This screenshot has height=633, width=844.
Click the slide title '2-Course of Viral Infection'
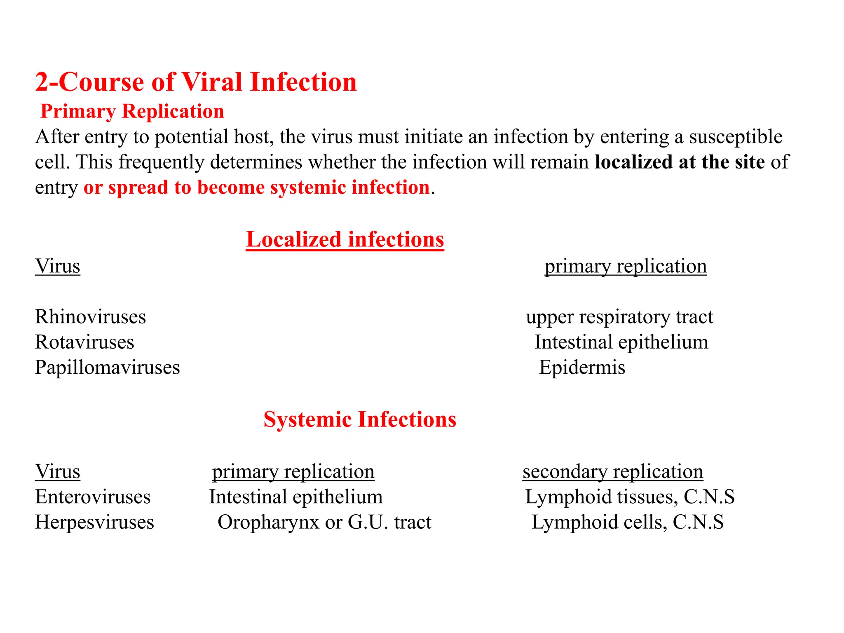coord(196,82)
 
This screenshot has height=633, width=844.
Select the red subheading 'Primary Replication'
coord(132,111)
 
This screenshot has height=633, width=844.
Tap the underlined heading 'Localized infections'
coord(345,239)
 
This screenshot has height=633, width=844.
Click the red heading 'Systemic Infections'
coord(360,420)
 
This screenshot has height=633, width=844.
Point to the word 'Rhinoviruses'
coord(90,317)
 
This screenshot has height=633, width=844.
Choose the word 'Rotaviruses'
coord(84,342)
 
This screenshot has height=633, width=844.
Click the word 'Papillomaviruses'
coord(107,367)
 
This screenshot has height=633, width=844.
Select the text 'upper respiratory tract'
coord(619,317)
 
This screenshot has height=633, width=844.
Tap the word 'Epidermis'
coord(582,367)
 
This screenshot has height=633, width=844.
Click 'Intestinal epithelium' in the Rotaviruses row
coord(621,342)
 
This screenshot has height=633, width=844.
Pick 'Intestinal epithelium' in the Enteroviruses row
coord(295,497)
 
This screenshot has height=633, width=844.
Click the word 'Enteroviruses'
coord(93,497)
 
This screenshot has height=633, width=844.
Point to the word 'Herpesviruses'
coord(94,522)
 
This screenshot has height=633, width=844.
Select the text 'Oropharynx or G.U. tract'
coord(324,522)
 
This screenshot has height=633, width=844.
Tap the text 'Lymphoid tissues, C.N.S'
coord(629,497)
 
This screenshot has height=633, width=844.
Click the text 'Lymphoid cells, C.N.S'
coord(627,522)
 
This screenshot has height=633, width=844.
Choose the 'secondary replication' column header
coord(613,471)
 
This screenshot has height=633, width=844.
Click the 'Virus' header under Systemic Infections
coord(57,471)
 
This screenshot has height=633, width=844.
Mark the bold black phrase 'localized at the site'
coord(680,162)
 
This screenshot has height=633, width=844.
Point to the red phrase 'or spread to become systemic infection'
coord(256,188)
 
